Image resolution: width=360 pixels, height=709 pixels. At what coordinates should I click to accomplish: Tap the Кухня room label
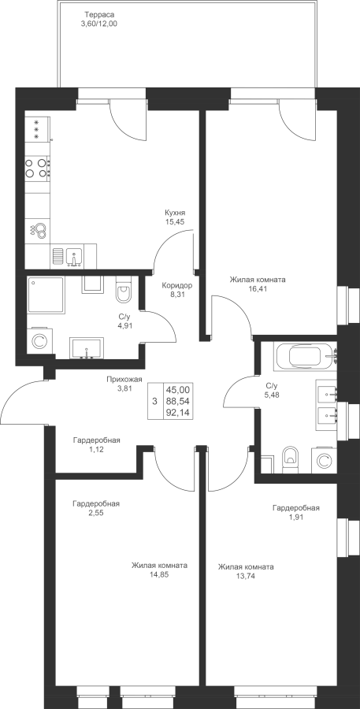pyautogui.click(x=176, y=213)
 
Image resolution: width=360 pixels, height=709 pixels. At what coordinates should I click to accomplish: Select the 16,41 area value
pyautogui.click(x=258, y=289)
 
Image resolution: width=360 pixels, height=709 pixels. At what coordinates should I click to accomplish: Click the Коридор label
pyautogui.click(x=177, y=285)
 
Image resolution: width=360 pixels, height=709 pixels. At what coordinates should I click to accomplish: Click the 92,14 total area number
pyautogui.click(x=178, y=412)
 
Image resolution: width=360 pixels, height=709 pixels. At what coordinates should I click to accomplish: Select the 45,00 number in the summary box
pyautogui.click(x=178, y=389)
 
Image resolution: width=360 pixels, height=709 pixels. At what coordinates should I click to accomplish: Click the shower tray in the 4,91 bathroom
pyautogui.click(x=46, y=295)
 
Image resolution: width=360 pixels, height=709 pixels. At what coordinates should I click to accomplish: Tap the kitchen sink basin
pyautogui.click(x=74, y=256)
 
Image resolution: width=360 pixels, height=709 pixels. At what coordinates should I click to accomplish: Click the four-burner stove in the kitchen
pyautogui.click(x=38, y=168)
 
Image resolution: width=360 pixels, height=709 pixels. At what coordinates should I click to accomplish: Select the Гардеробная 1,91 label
pyautogui.click(x=295, y=512)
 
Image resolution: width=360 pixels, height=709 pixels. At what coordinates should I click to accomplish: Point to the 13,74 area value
pyautogui.click(x=246, y=575)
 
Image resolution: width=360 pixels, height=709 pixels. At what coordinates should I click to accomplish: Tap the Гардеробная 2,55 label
pyautogui.click(x=96, y=508)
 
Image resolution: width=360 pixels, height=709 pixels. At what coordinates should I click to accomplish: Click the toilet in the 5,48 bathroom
pyautogui.click(x=290, y=457)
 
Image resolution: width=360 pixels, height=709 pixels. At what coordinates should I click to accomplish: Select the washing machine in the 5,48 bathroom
pyautogui.click(x=324, y=460)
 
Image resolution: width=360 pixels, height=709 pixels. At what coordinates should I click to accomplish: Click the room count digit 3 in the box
pyautogui.click(x=155, y=401)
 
